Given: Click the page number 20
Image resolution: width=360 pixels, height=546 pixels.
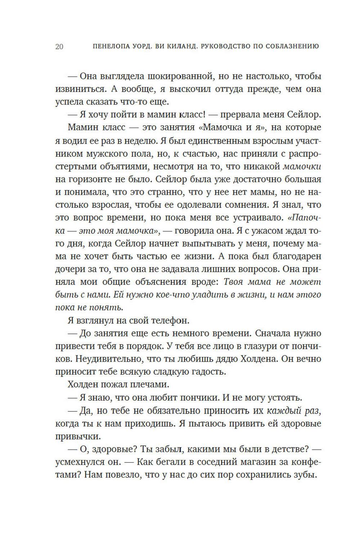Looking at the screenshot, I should (x=59, y=47).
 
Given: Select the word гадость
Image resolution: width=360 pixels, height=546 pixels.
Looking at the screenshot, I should (x=207, y=372).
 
